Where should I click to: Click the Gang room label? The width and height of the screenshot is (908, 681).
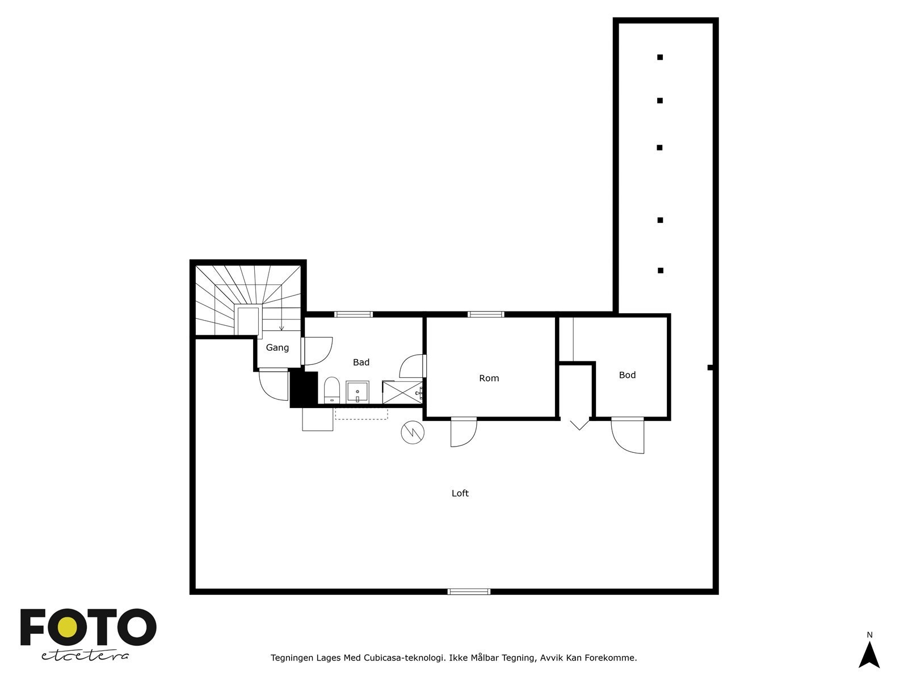click(x=278, y=347)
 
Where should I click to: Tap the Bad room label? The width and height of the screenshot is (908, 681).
click(x=361, y=362)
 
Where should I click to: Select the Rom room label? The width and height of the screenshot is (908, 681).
click(x=489, y=378)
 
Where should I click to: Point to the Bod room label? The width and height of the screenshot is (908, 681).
click(x=627, y=375)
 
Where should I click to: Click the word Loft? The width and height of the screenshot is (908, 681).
click(x=460, y=493)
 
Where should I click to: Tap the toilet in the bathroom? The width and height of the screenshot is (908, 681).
click(x=331, y=390)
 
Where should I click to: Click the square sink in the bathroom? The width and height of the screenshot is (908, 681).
click(x=358, y=392)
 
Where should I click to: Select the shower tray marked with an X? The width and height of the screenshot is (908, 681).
click(x=402, y=392)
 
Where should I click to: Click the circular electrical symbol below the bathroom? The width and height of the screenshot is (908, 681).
click(x=413, y=432)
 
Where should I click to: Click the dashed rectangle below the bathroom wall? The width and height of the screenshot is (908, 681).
click(x=361, y=414)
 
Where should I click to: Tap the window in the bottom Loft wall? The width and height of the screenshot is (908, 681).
click(x=469, y=591)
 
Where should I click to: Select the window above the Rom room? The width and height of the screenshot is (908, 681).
click(x=486, y=314)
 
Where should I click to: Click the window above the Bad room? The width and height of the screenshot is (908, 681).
click(x=353, y=314)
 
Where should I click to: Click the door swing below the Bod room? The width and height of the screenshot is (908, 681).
click(x=628, y=436)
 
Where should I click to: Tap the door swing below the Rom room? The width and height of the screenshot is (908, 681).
click(x=463, y=432)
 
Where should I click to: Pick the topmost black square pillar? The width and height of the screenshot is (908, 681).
click(x=660, y=57)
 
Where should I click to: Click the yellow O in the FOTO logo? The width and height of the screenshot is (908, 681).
click(x=68, y=627)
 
